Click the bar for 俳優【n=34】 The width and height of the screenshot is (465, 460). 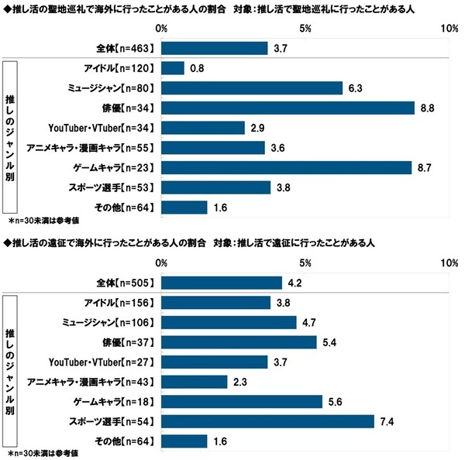coord(288,108)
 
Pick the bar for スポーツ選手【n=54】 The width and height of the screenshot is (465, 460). coord(268,421)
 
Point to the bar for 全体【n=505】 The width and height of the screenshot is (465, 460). coord(222,283)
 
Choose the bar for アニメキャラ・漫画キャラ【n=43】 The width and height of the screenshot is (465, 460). coord(195,382)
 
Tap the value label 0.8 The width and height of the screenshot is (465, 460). coord(197,68)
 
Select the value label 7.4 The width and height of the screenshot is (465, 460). coord(387,421)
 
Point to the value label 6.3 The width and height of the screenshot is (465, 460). coord(356,88)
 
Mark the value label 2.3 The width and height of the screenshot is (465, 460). coord(240,382)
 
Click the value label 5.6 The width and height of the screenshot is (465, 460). coord(336,401)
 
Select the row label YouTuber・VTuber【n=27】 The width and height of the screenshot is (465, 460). coord(102,362)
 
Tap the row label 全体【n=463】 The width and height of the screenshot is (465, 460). coord(129,48)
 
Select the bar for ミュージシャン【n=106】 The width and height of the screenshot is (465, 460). coord(229,322)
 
